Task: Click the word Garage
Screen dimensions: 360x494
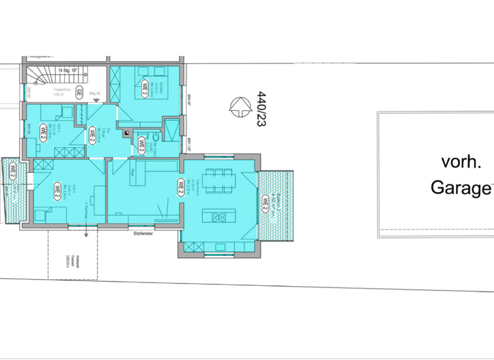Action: [x=458, y=188]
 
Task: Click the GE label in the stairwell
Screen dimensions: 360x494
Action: [x=79, y=91]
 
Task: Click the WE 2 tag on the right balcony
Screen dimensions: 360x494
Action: [x=265, y=203]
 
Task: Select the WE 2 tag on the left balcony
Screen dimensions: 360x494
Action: [x=12, y=171]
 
